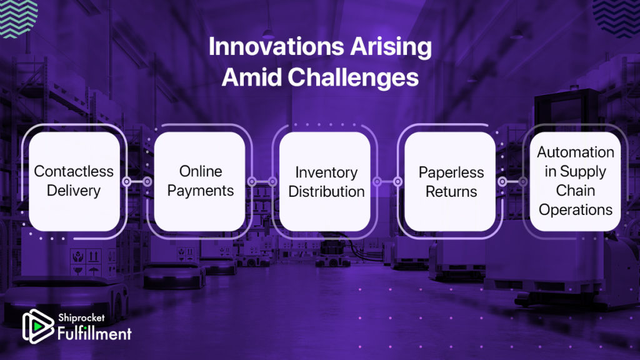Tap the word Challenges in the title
click(353, 77)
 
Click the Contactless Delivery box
click(74, 181)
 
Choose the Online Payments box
click(199, 181)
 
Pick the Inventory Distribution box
click(325, 181)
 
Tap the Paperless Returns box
click(450, 181)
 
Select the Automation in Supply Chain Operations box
click(575, 181)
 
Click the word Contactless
click(74, 171)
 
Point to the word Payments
click(201, 191)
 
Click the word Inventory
click(326, 172)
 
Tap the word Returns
click(451, 191)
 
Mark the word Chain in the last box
click(575, 191)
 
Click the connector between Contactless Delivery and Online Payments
click(137, 181)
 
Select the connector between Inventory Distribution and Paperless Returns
click(387, 181)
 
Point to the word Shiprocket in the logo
click(81, 317)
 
